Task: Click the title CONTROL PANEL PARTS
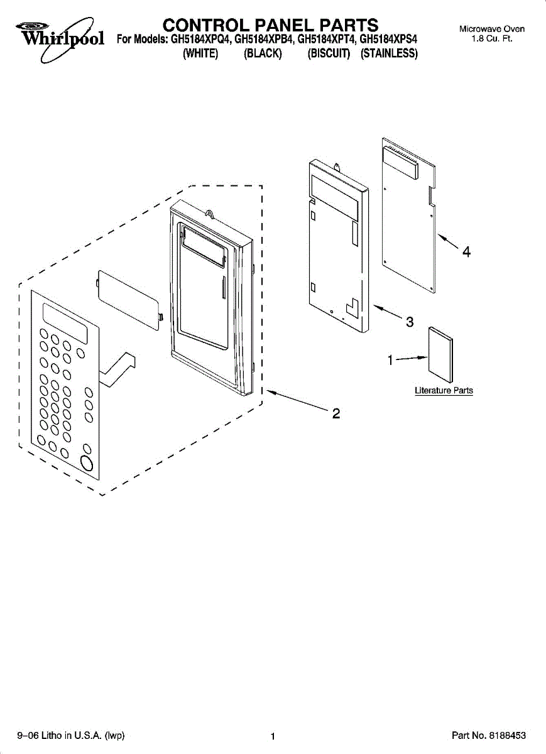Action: pyautogui.click(x=270, y=25)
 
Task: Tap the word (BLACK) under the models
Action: pyautogui.click(x=263, y=54)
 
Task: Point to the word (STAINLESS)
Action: pyautogui.click(x=389, y=54)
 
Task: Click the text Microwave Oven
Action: pyautogui.click(x=492, y=29)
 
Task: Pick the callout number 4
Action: pyautogui.click(x=466, y=252)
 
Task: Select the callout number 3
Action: pyautogui.click(x=409, y=322)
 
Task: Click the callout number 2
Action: pyautogui.click(x=336, y=413)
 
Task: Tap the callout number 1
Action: pyautogui.click(x=390, y=360)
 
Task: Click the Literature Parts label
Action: pyautogui.click(x=444, y=391)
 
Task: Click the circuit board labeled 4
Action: pyautogui.click(x=409, y=220)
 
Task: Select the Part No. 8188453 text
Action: pyautogui.click(x=489, y=736)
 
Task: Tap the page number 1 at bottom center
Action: pyautogui.click(x=273, y=736)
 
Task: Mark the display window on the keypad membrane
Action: pyautogui.click(x=65, y=322)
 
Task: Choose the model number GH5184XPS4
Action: pyautogui.click(x=388, y=40)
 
